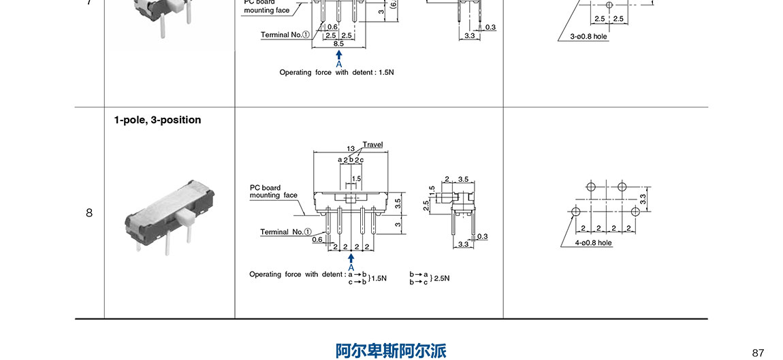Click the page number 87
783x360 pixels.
tap(758, 353)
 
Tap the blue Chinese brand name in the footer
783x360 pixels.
tap(391, 350)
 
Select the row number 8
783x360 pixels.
tap(89, 213)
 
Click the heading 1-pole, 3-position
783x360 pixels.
tap(157, 120)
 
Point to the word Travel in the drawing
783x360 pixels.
tap(372, 144)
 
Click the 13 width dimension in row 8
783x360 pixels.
tap(350, 148)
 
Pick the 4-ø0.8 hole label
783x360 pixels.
tap(593, 242)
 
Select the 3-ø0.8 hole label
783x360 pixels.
tap(588, 36)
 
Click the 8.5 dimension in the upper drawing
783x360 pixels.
tap(338, 43)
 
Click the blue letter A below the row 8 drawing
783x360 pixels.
tap(351, 267)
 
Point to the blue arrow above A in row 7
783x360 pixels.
tap(338, 54)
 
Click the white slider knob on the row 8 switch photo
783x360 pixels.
tap(184, 218)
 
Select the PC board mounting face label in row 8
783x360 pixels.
tap(273, 191)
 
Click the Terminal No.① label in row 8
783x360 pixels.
tap(285, 232)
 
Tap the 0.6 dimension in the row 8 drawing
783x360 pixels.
tap(317, 239)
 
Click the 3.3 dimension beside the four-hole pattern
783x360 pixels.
tap(643, 199)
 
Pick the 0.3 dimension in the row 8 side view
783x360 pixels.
tap(483, 236)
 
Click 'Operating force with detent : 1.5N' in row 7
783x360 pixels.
tap(336, 72)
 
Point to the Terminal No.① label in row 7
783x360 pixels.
tap(285, 34)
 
